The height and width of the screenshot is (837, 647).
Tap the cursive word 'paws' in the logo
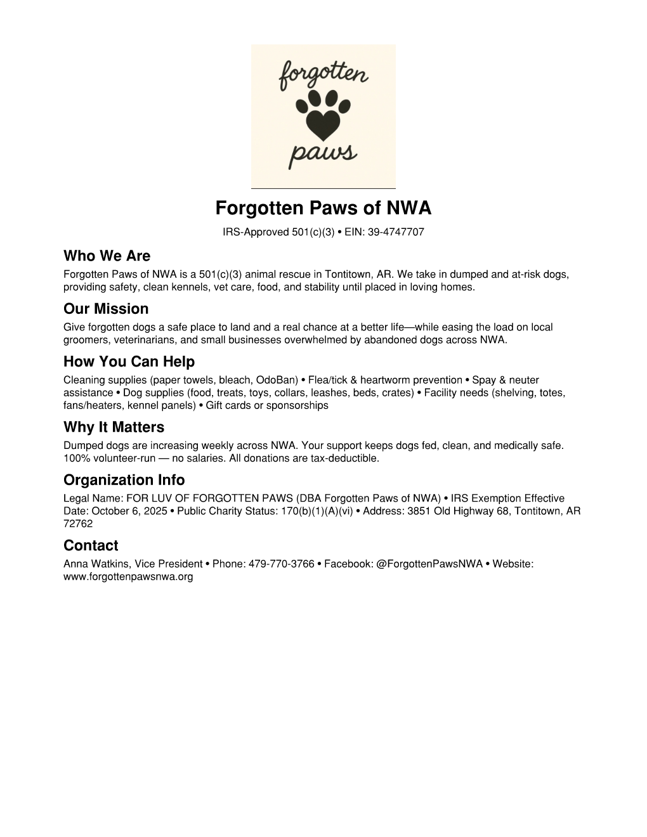(323, 153)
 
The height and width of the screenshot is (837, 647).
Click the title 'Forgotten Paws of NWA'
(323, 208)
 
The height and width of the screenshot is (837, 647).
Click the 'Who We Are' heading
(107, 256)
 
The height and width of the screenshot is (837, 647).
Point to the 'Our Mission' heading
(106, 309)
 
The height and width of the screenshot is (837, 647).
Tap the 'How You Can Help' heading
(129, 361)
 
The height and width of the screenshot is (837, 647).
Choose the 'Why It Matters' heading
(114, 427)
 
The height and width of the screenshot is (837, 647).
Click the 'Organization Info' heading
(124, 479)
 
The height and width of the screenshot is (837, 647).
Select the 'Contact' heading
(91, 545)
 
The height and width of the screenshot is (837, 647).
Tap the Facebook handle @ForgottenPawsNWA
(429, 564)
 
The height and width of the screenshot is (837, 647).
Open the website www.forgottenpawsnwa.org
(128, 577)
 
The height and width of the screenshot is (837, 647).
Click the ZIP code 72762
(78, 524)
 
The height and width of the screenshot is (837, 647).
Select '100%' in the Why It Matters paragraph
(75, 458)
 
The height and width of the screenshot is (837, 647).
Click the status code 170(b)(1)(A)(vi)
(317, 511)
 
